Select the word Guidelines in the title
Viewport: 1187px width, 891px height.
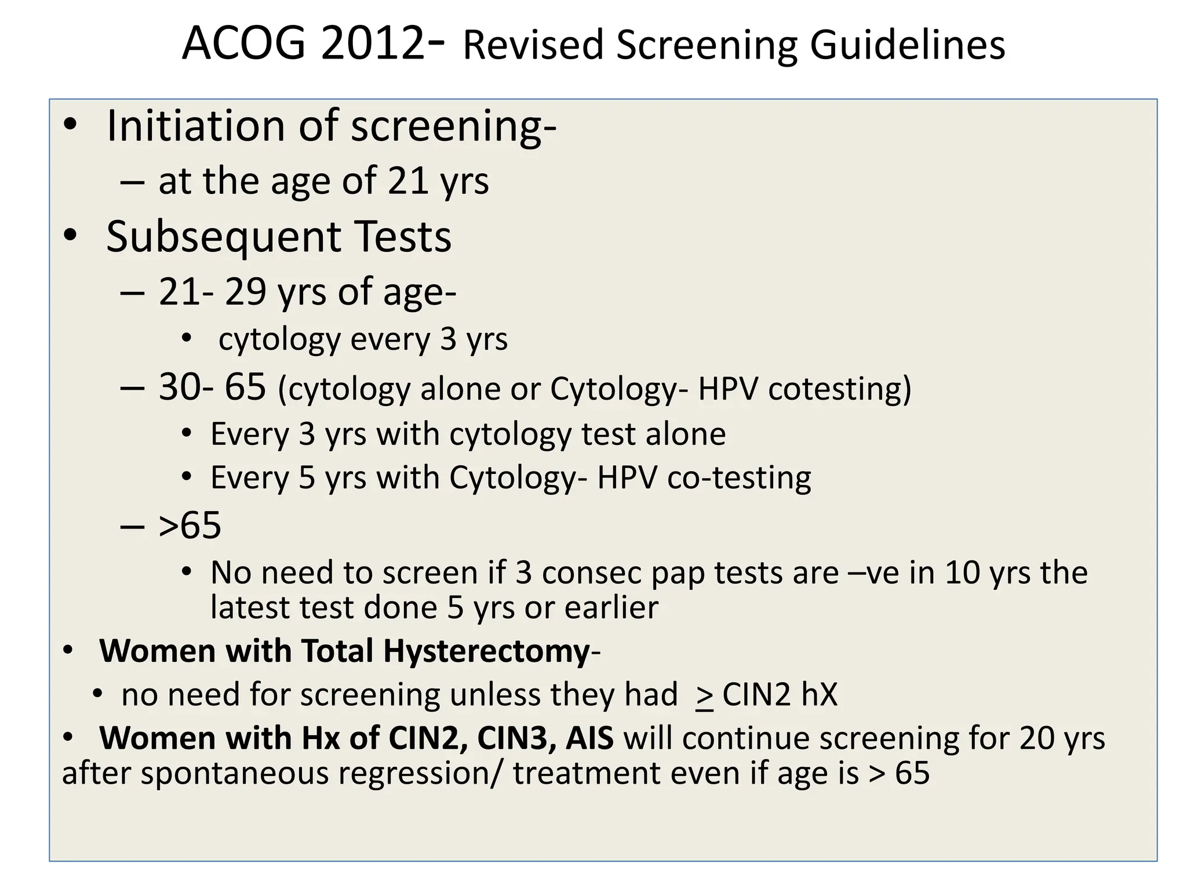coord(907,45)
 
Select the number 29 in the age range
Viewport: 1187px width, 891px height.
coord(245,291)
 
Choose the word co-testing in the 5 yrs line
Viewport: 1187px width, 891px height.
coord(739,477)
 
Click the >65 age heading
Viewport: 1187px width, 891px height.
coord(190,526)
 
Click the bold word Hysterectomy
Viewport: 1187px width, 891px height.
coord(486,651)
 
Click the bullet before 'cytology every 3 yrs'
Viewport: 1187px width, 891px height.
coord(186,338)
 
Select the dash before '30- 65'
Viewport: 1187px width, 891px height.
coord(132,387)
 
